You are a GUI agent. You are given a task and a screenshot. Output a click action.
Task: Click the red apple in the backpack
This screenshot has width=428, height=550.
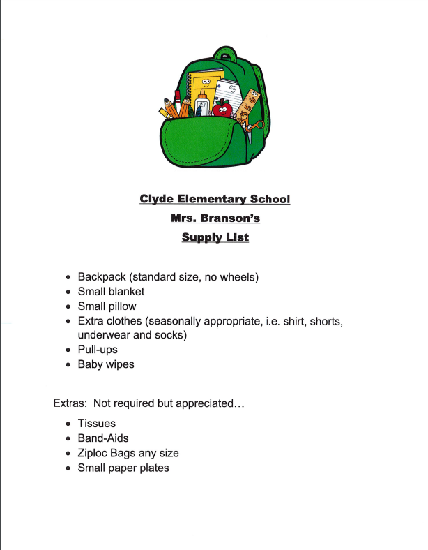click(x=222, y=109)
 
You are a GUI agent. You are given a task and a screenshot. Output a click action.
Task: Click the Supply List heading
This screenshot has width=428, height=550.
click(x=215, y=237)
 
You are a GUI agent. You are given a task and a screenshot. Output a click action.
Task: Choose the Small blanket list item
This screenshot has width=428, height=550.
click(x=111, y=292)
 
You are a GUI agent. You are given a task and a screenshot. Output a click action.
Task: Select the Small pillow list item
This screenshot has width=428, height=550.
click(x=107, y=306)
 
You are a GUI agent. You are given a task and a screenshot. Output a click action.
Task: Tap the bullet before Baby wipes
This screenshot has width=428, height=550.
click(x=68, y=365)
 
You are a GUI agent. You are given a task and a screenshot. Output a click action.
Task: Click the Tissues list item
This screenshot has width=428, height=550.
click(x=96, y=424)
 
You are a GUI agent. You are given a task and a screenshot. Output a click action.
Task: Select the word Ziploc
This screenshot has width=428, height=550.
click(x=94, y=453)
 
